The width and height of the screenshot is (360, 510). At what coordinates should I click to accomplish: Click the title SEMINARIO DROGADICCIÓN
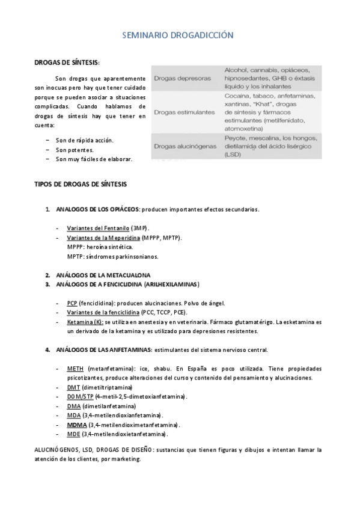coord(178,36)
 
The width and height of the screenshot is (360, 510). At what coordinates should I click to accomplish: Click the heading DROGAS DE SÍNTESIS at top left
coord(67,63)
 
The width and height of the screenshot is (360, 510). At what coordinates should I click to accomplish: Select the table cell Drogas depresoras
coord(182,78)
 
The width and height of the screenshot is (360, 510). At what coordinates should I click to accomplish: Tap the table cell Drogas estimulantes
coord(185,112)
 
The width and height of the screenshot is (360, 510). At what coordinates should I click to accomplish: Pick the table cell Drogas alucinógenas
coord(185,146)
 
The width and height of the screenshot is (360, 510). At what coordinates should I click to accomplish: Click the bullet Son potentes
coord(75,150)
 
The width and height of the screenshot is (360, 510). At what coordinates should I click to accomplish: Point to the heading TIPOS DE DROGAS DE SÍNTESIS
coord(81,183)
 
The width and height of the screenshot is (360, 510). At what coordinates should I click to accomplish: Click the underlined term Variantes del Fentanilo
coord(98,229)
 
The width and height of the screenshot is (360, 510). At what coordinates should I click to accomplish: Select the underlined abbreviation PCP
coord(72,303)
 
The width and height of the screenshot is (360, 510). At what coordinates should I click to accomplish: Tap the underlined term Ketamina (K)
coord(85,322)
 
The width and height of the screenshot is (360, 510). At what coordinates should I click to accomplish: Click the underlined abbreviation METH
coord(75,369)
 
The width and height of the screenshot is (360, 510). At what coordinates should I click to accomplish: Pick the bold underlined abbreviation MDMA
coord(77,425)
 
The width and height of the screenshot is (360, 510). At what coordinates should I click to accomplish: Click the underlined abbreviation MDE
coord(73,434)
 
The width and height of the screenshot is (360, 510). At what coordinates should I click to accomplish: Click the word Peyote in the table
coord(235,138)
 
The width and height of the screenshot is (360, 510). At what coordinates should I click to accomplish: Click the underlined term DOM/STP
coord(80,397)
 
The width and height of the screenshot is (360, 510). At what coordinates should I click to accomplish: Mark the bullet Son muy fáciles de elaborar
coord(94,159)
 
